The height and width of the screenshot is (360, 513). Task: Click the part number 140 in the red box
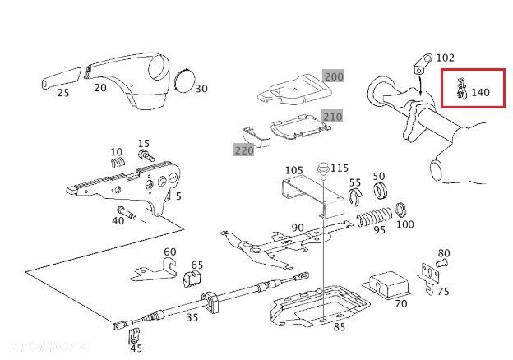(481, 93)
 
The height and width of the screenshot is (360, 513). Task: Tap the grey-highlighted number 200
(333, 76)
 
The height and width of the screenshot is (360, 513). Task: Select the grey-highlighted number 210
(331, 116)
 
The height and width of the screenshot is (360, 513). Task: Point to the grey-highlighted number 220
(243, 150)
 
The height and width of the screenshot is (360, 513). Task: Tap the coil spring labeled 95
(374, 219)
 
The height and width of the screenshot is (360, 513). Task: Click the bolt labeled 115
(323, 171)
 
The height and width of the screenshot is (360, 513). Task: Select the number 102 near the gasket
(445, 58)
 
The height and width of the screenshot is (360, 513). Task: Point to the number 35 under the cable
(192, 318)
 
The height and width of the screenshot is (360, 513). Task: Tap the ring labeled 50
(381, 193)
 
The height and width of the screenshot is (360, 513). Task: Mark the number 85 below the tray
(340, 328)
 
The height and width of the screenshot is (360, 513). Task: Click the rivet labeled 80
(441, 264)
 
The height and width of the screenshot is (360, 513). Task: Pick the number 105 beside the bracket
(294, 170)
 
